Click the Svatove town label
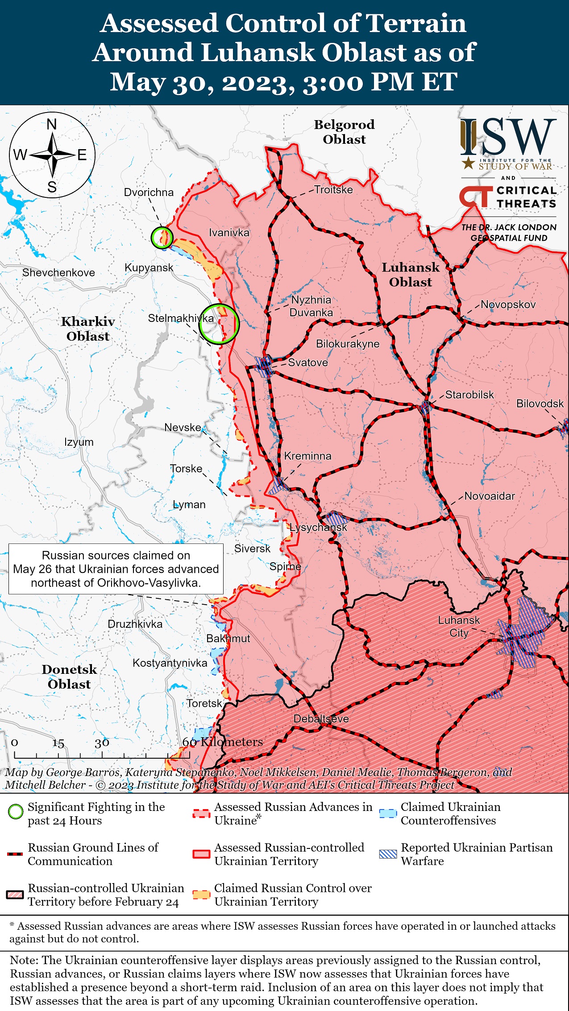(308, 362)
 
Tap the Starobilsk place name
(469, 395)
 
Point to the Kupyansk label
(149, 267)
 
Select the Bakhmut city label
(228, 638)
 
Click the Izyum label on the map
(79, 442)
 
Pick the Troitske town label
(333, 190)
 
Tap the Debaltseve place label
(321, 719)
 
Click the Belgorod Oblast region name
(344, 132)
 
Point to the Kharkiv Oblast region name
(88, 329)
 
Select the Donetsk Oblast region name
(69, 677)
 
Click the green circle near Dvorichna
(162, 237)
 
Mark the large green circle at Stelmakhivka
(219, 324)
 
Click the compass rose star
(52, 155)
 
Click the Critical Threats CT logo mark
(476, 197)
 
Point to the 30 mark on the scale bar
(102, 743)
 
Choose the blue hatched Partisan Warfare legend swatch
(387, 854)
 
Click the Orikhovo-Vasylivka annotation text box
(116, 569)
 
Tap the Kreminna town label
(307, 456)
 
